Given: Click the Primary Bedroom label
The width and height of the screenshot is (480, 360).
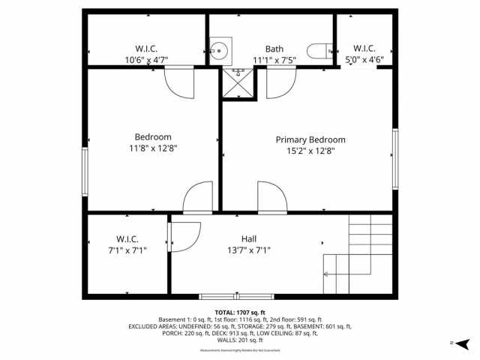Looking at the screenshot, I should click(310, 139).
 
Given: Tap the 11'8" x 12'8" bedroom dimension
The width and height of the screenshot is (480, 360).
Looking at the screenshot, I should click(152, 148).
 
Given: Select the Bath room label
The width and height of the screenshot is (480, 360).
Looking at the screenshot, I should click(274, 49).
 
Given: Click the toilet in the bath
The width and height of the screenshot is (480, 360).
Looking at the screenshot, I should click(318, 51).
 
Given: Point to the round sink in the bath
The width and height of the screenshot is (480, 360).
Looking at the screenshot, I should click(219, 51).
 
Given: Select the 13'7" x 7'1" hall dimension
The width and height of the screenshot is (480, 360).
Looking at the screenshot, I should click(248, 250).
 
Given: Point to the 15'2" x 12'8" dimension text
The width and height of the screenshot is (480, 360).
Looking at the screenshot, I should click(310, 151).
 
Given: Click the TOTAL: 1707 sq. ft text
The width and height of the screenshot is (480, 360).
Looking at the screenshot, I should click(240, 313).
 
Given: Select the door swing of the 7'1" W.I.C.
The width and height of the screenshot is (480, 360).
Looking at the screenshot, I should click(184, 235).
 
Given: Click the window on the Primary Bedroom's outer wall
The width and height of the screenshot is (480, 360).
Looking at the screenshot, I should click(394, 158).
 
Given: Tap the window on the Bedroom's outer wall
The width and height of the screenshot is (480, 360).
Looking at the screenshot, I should click(85, 172).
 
